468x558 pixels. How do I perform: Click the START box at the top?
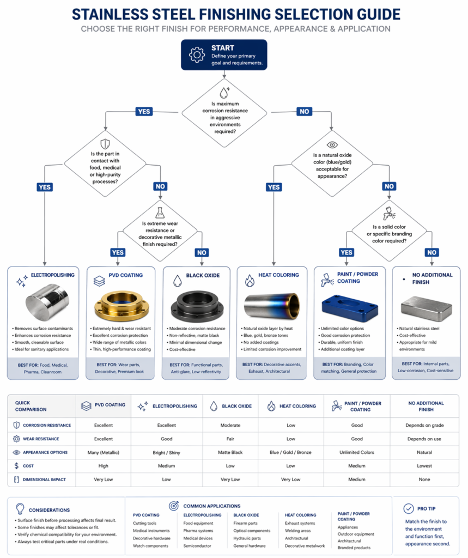(x=224, y=54)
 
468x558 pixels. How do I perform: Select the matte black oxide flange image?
(x=198, y=306)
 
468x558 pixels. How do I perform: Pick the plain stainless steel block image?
(x=426, y=308)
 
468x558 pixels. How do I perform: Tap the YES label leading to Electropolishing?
(x=45, y=187)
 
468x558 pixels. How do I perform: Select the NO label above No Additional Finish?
(x=431, y=252)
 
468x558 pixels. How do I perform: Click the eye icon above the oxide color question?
(x=332, y=145)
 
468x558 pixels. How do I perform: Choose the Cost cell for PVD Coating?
(x=103, y=466)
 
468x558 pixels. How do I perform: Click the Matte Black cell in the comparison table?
(x=229, y=452)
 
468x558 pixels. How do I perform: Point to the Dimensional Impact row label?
(x=43, y=480)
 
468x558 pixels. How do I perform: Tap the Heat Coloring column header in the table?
(x=291, y=406)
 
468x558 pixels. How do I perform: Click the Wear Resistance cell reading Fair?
(x=229, y=439)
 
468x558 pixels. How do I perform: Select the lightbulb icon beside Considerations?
(x=20, y=509)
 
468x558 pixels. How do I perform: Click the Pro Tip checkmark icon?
(x=408, y=508)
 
